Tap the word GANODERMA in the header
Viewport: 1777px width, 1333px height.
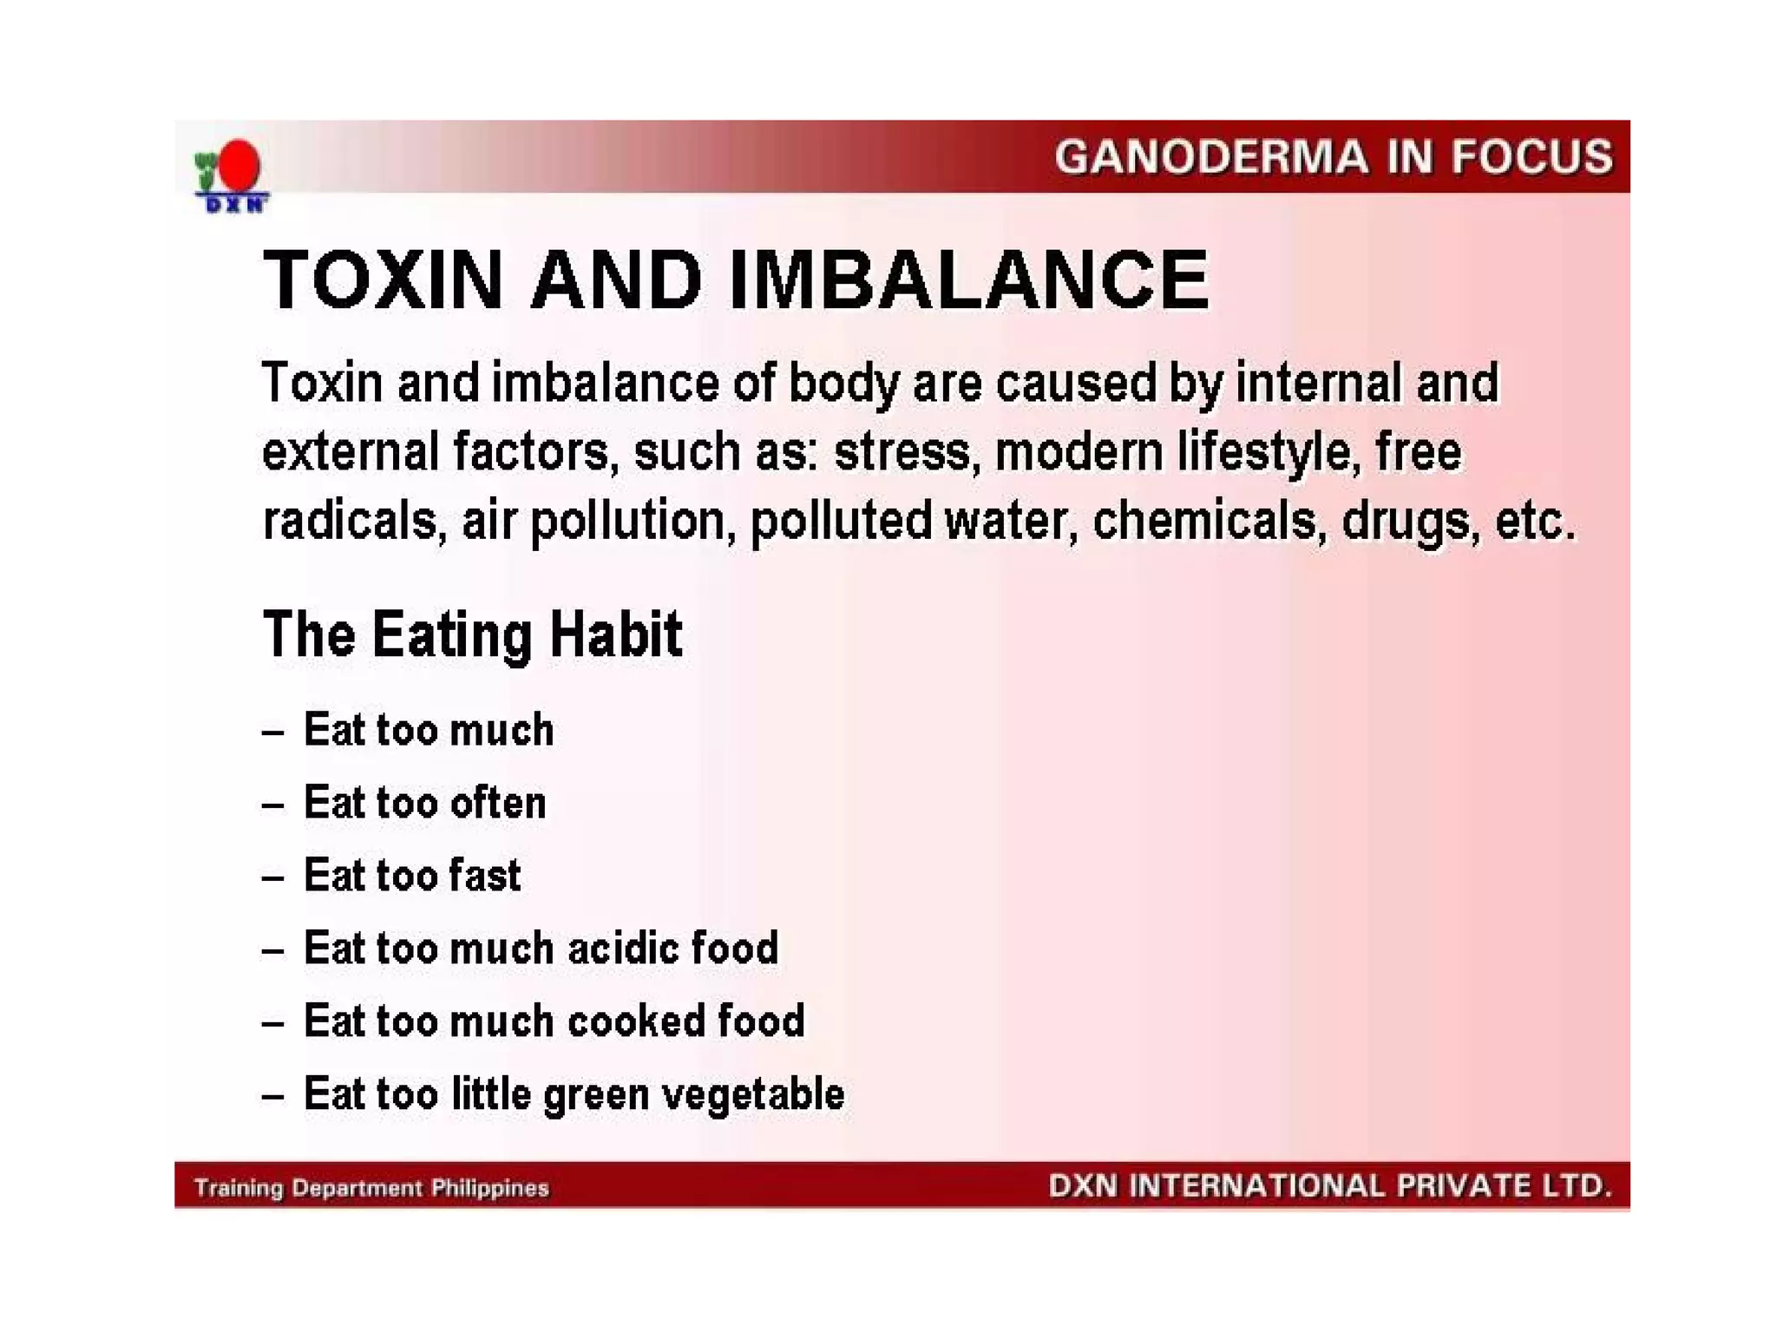pos(1210,158)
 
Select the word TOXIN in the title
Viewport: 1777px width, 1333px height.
pos(383,279)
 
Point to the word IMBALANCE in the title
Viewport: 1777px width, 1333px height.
pos(968,279)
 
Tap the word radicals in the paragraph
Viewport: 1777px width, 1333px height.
pos(349,521)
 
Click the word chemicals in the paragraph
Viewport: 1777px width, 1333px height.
pos(1203,521)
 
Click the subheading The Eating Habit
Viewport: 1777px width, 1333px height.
pos(472,634)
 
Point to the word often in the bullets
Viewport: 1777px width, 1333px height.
pos(497,803)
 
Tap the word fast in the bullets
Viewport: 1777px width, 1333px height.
pos(485,875)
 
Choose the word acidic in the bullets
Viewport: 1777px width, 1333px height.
pos(622,948)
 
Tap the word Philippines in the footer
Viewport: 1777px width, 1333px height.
pos(490,1188)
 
